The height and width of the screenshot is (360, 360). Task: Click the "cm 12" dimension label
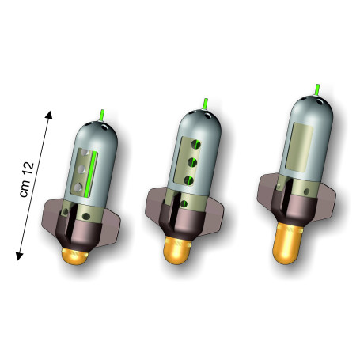pos(27,180)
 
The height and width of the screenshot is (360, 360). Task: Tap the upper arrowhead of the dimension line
pos(49,115)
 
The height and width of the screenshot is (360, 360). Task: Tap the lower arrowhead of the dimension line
pos(20,256)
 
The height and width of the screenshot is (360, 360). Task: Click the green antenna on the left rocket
pos(102,116)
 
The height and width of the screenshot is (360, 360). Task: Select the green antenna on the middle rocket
pos(205,104)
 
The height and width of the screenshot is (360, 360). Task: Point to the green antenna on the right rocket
pos(317,90)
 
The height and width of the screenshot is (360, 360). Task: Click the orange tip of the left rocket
pos(74,256)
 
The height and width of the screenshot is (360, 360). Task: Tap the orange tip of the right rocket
pos(287,243)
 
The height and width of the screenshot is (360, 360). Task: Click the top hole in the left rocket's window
pos(85,153)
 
